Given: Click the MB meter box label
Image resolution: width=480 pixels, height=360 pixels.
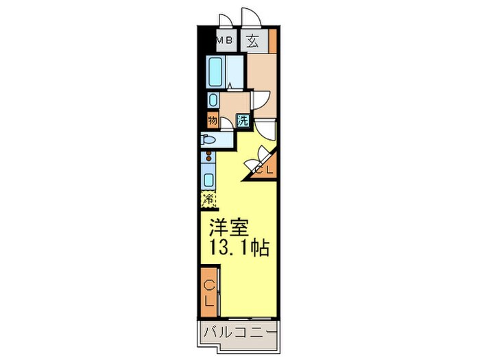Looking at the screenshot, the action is click(224, 40).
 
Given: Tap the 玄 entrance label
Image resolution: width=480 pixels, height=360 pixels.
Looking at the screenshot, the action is click(252, 40).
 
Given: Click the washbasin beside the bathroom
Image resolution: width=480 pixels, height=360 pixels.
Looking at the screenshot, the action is click(213, 100).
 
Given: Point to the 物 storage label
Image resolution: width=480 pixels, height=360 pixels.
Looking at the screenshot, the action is click(213, 120).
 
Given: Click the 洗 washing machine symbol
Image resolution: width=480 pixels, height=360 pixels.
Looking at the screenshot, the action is click(243, 121).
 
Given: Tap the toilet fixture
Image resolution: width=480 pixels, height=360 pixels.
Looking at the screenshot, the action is click(208, 140).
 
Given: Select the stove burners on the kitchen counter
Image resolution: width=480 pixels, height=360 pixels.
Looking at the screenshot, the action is click(209, 156).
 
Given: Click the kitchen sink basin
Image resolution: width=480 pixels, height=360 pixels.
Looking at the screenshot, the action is click(208, 180).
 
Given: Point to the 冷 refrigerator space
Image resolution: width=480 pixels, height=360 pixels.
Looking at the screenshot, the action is click(208, 200).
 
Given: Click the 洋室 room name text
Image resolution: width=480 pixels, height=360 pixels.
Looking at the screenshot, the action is click(229, 228).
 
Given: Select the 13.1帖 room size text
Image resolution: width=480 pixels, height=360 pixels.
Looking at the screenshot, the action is click(239, 248).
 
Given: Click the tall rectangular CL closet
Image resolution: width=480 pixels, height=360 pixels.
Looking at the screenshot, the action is click(209, 292).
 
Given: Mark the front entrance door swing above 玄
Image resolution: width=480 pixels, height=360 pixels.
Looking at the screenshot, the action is click(251, 18).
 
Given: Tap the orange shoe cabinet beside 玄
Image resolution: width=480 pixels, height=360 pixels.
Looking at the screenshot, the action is click(273, 41).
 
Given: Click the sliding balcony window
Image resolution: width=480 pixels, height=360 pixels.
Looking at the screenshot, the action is click(250, 319).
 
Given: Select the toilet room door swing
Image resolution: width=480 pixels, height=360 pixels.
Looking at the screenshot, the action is click(227, 125).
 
